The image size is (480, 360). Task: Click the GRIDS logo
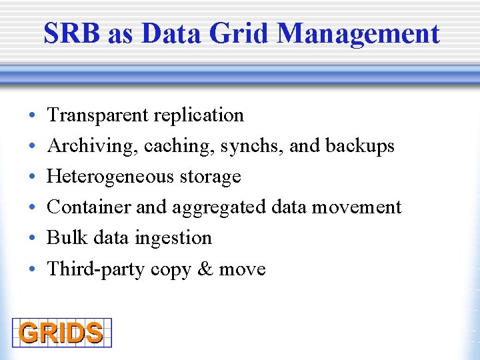(x=61, y=333)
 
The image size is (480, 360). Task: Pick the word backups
(x=360, y=146)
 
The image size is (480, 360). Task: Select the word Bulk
(x=67, y=238)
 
